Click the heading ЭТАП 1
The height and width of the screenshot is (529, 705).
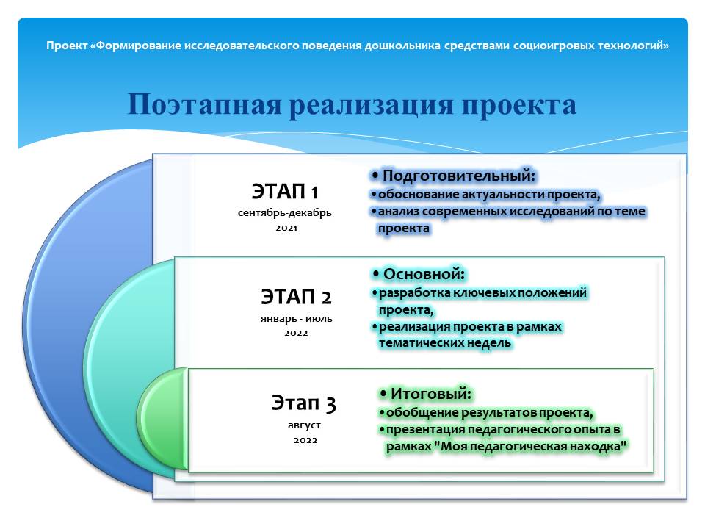tap(285, 192)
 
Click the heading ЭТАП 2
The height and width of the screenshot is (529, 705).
tap(296, 297)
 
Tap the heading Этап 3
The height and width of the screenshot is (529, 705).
tap(303, 403)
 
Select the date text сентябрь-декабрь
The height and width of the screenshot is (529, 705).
tap(285, 213)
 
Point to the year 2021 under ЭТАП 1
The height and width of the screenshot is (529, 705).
tap(286, 228)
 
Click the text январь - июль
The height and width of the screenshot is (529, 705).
tap(296, 318)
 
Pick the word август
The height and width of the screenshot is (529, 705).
tap(304, 425)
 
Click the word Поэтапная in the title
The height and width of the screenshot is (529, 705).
tap(205, 104)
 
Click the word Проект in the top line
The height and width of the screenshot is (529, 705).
tap(67, 46)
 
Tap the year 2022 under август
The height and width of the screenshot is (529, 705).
tap(305, 440)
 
